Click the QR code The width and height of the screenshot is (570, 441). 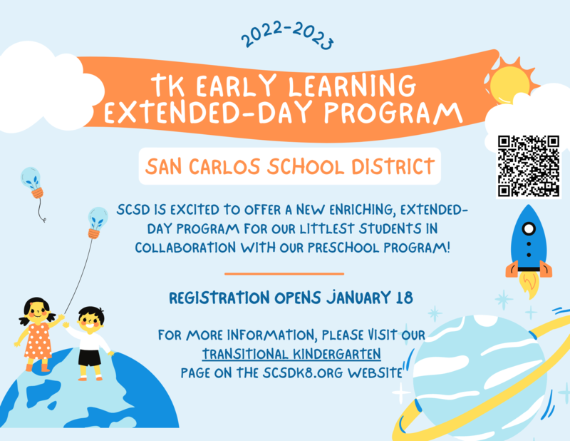point(529,166)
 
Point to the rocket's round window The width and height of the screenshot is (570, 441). point(529,230)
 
